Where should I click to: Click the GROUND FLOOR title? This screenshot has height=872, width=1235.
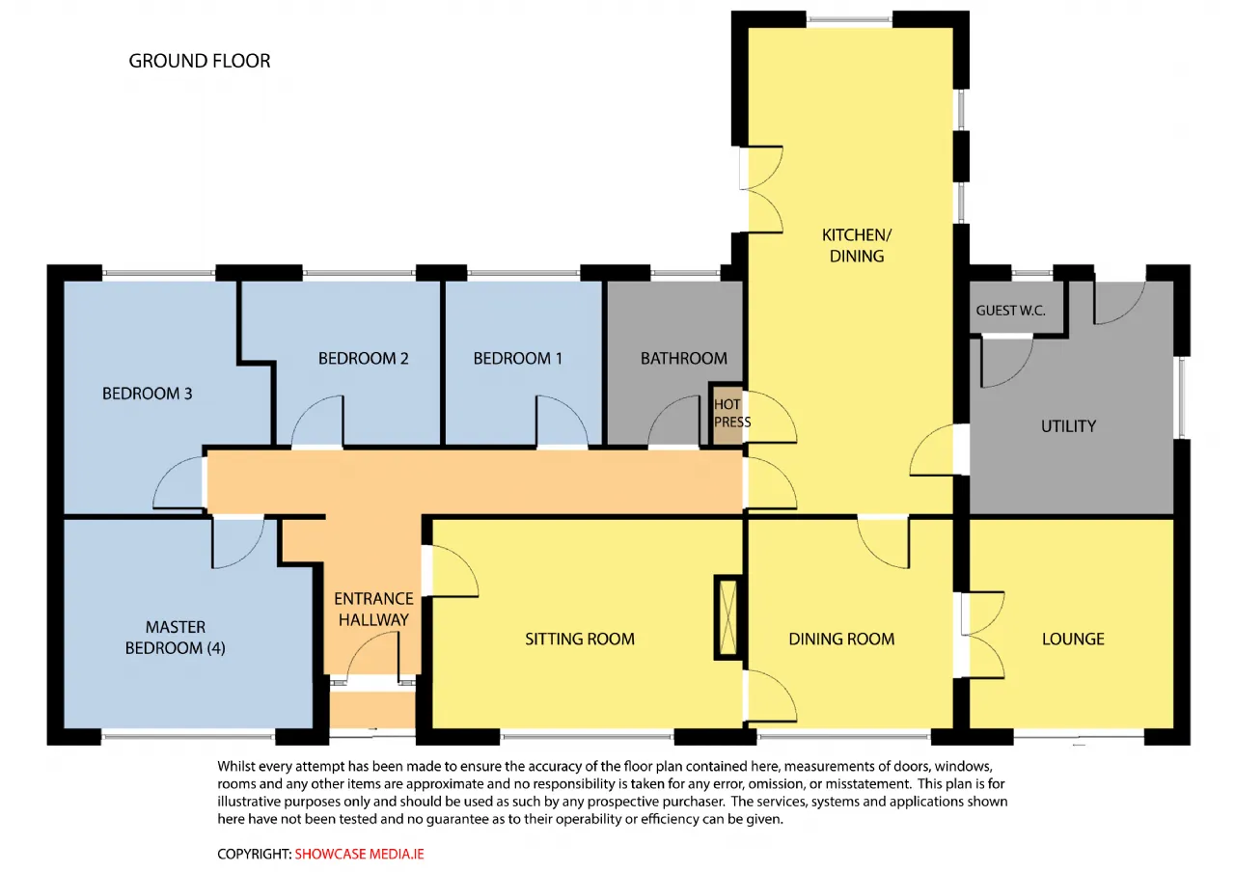click(x=200, y=61)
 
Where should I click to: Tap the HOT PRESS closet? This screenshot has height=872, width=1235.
click(x=727, y=414)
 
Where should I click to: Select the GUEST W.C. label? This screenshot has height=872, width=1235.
click(x=1010, y=311)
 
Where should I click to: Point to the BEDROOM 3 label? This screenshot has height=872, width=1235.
click(x=148, y=394)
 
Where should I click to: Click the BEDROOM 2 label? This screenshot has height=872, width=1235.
click(x=364, y=358)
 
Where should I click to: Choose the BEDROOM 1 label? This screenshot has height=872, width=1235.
click(x=518, y=358)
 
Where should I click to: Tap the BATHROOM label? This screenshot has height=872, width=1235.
click(x=684, y=358)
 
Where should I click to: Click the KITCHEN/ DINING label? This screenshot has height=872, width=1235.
click(x=857, y=245)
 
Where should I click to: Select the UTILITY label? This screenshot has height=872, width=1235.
click(x=1068, y=426)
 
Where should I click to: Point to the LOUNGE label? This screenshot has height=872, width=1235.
click(x=1073, y=639)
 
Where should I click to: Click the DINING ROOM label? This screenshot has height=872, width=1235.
click(x=841, y=639)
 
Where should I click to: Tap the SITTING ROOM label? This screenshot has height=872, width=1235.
click(x=580, y=639)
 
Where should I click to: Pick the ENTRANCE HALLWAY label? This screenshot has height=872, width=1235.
click(x=373, y=609)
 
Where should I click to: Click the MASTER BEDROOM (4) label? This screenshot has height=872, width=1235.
click(x=176, y=638)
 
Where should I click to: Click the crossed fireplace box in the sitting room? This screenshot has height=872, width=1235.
click(x=728, y=617)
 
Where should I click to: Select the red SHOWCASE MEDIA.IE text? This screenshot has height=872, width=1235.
click(x=360, y=854)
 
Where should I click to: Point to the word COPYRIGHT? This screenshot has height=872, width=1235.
click(x=254, y=854)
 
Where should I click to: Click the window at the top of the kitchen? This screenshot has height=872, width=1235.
click(x=849, y=20)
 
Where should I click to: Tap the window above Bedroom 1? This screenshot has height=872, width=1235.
click(x=523, y=273)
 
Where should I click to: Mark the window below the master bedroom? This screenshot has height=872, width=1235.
click(x=188, y=735)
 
